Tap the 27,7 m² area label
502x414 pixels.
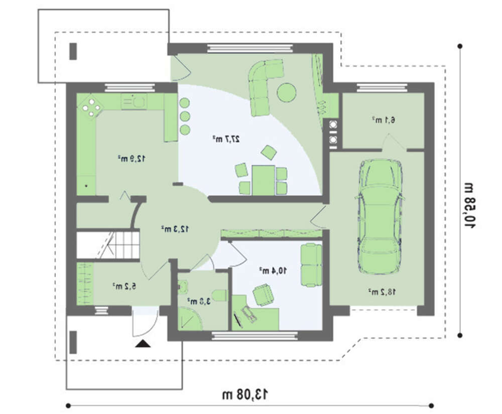point(226,139)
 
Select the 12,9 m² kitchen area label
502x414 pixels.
point(132,158)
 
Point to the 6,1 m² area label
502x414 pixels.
point(384,120)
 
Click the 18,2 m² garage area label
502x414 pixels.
point(382,292)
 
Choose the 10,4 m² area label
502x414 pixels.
point(273,270)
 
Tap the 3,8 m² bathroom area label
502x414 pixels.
point(199,301)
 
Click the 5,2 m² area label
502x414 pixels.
point(124,286)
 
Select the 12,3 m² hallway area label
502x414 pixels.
point(175,229)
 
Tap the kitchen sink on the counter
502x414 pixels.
point(134,102)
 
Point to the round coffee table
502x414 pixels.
point(287,93)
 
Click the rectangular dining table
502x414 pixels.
point(263,180)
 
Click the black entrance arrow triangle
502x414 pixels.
point(143,344)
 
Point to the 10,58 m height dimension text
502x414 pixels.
point(470,205)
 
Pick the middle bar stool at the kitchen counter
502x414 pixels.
point(184,116)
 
